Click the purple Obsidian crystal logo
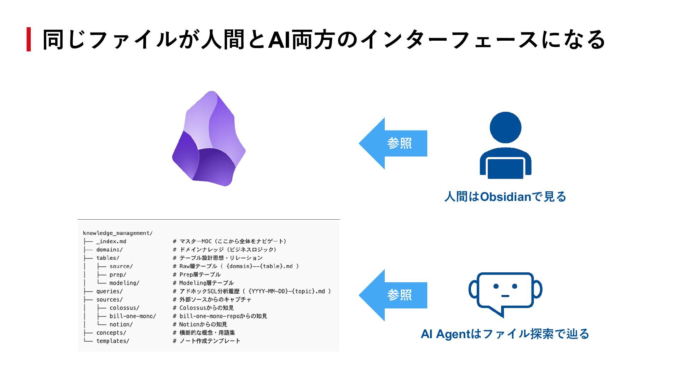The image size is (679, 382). [209, 139]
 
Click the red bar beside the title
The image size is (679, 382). [29, 39]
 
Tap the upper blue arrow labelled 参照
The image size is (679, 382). [393, 143]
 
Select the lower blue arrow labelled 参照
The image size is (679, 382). [393, 295]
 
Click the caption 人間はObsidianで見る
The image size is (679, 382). [505, 197]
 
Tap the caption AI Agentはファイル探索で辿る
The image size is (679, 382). [505, 334]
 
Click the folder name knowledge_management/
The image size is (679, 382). [118, 233]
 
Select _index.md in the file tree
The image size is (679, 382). [111, 241]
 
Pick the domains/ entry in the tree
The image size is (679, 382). [109, 250]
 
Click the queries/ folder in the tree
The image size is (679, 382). [109, 291]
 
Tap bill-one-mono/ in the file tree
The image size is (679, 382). [133, 316]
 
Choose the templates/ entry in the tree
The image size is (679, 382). [113, 341]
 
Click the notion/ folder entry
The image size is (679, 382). [121, 324]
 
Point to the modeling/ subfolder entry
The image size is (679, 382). [124, 283]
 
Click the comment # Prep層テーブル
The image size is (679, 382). [197, 274]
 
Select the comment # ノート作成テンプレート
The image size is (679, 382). [207, 341]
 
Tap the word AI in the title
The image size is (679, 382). [279, 39]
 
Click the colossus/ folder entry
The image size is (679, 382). [124, 308]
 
